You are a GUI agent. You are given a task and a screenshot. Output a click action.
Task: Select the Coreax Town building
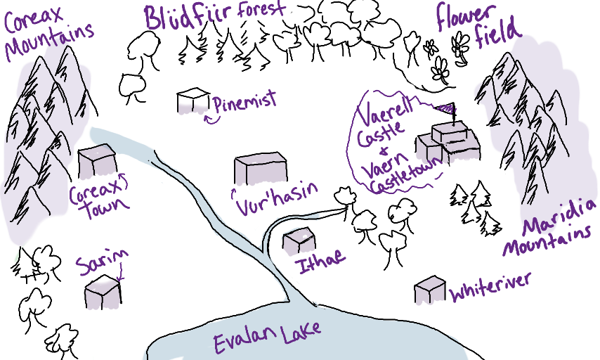(97, 161)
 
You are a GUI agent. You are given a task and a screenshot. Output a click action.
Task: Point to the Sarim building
(103, 292)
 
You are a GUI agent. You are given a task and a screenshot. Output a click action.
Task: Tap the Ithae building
(299, 241)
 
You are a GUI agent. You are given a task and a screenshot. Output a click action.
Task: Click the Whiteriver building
(429, 290)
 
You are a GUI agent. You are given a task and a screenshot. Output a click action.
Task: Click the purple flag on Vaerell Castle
(445, 109)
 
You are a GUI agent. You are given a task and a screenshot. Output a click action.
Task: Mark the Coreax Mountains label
(48, 28)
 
